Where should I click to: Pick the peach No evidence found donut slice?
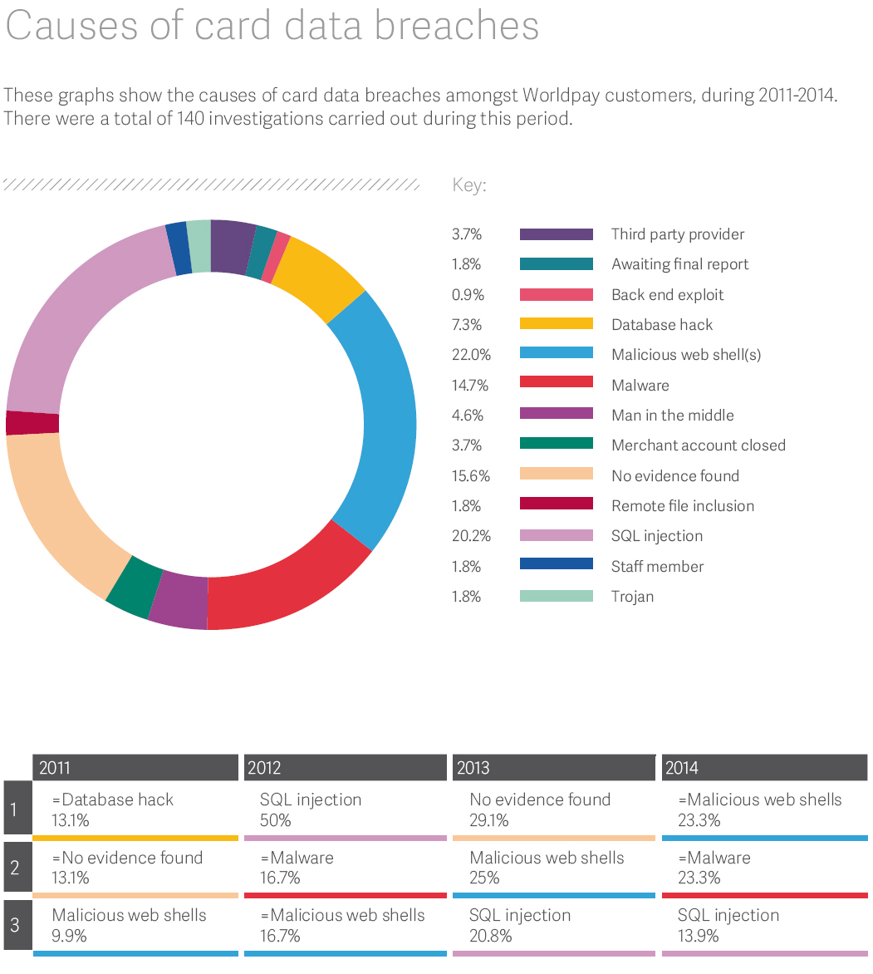pos(58,507)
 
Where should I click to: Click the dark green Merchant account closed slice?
pos(133,586)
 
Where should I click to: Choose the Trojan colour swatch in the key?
pos(556,596)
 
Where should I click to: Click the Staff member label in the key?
pos(657,566)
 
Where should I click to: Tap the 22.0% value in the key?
pos(471,355)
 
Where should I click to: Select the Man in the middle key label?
pos(672,415)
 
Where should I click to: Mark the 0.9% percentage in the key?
pos(468,294)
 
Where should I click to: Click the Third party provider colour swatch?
pos(556,234)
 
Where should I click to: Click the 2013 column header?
pos(552,768)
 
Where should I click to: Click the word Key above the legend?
pos(468,184)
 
